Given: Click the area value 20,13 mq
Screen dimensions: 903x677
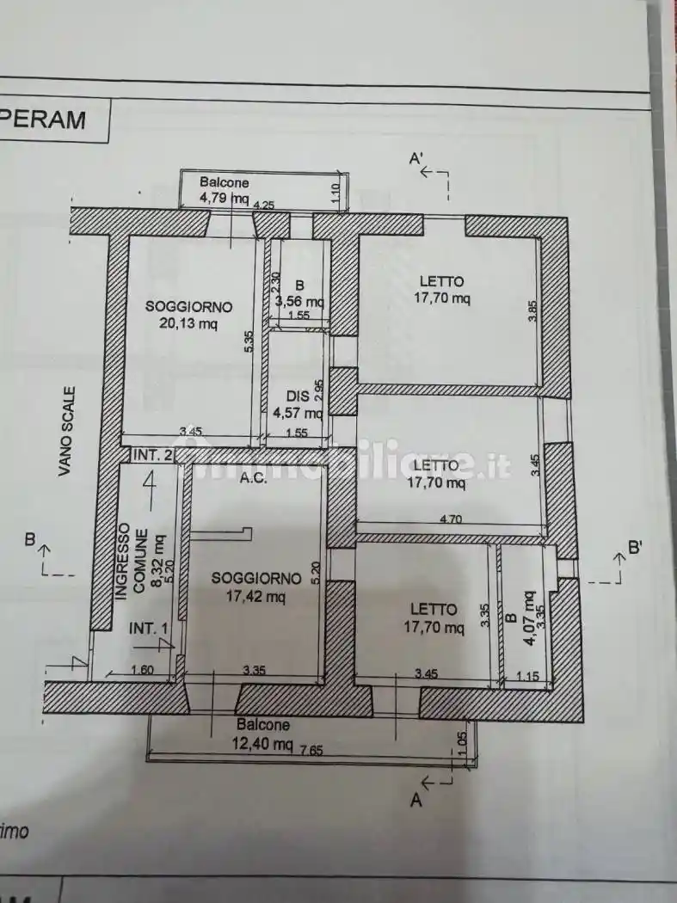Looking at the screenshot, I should pos(188,323).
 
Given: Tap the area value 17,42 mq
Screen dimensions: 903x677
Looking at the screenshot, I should pos(256,595).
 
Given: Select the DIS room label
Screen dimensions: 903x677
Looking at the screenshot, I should pos(298,396).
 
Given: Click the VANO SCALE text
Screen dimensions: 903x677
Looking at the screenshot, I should pos(68,430).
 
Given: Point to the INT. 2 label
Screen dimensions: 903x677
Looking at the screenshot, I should pos(151,453).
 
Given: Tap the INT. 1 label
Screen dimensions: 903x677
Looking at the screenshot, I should pos(148,629).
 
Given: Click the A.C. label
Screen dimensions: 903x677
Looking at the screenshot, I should pos(255,479).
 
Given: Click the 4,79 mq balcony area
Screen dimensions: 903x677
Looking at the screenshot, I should pos(224,199).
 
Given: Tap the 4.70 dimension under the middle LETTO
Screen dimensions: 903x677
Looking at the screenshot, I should pos(451,519).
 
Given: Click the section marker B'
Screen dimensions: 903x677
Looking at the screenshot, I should pos(637,546).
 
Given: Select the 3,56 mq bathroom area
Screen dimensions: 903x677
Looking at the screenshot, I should pos(299,302).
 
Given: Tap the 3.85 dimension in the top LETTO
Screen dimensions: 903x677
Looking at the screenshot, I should pos(533,310).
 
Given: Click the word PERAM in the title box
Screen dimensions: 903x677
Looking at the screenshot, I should pos(47,119).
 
